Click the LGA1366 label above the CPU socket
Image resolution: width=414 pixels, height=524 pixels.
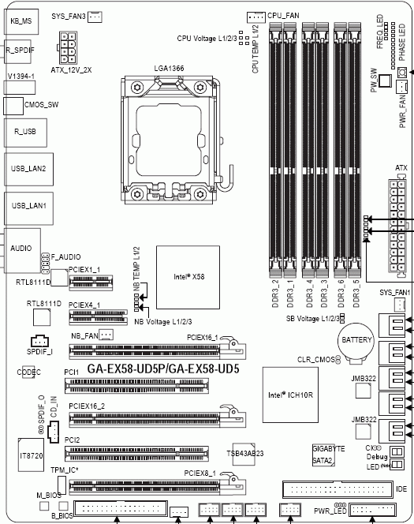[169, 69]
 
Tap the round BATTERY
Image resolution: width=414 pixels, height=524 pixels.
[354, 339]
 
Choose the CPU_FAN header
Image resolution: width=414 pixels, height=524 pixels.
[256, 17]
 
